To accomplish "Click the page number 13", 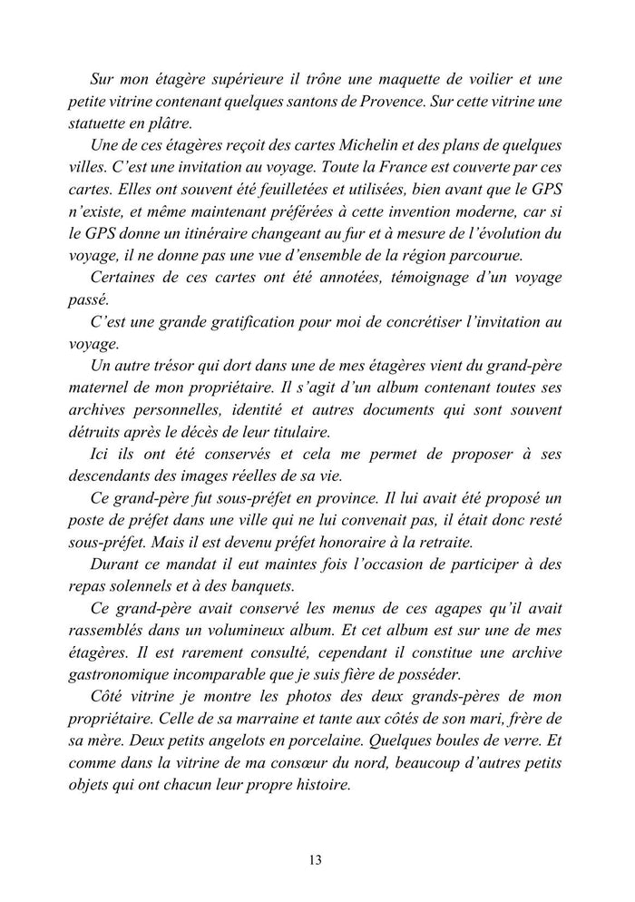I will (x=315, y=860).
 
